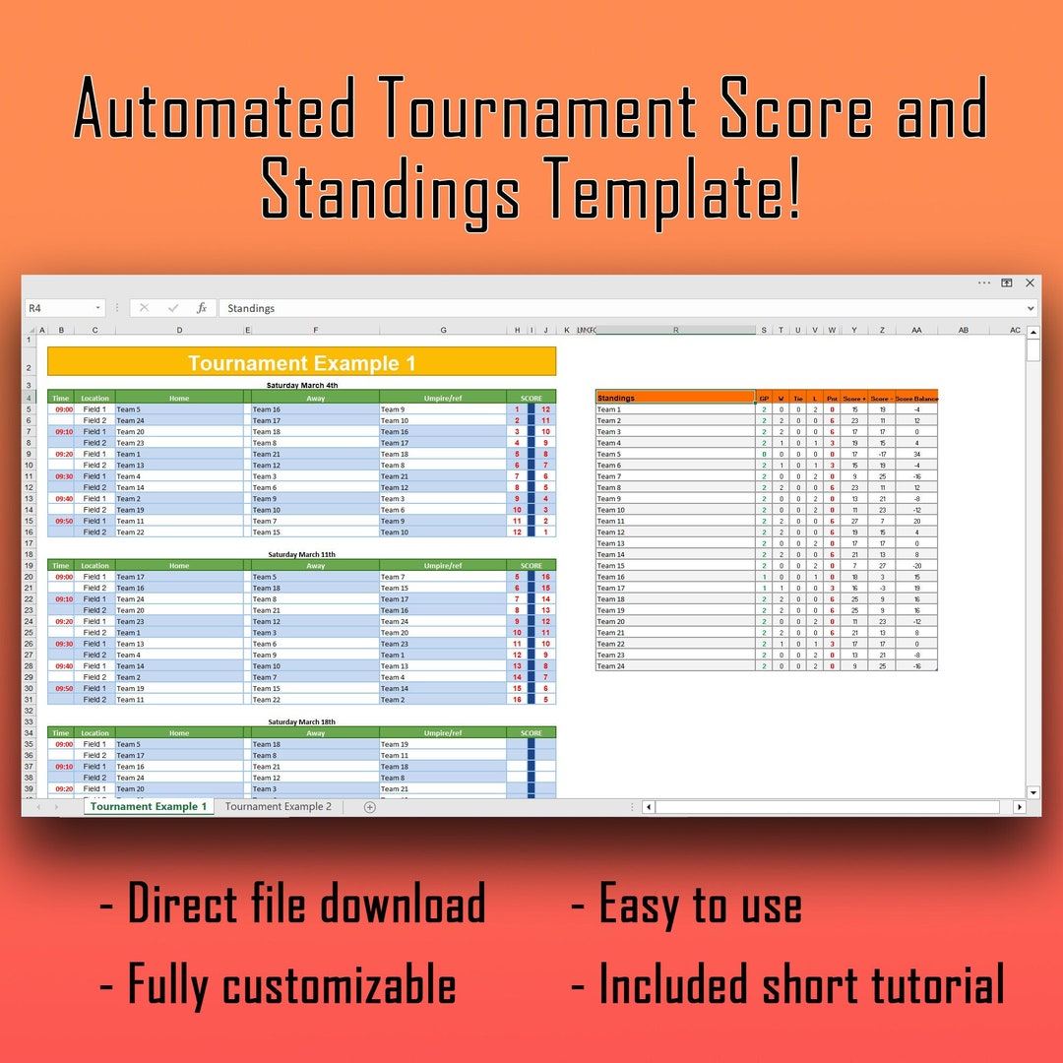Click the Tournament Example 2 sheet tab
[x=279, y=807]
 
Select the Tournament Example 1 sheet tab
[x=148, y=807]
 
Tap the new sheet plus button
[x=370, y=807]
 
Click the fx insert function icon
[x=202, y=308]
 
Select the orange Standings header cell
[x=675, y=398]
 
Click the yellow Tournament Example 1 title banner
[x=301, y=363]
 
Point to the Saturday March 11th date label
[x=301, y=554]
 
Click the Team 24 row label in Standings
[x=610, y=666]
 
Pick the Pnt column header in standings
[x=832, y=399]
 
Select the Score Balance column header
[x=916, y=399]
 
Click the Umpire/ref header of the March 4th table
[x=443, y=399]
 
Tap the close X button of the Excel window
[x=1030, y=282]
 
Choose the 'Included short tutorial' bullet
[x=801, y=983]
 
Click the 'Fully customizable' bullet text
[x=290, y=983]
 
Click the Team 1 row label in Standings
[x=609, y=409]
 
